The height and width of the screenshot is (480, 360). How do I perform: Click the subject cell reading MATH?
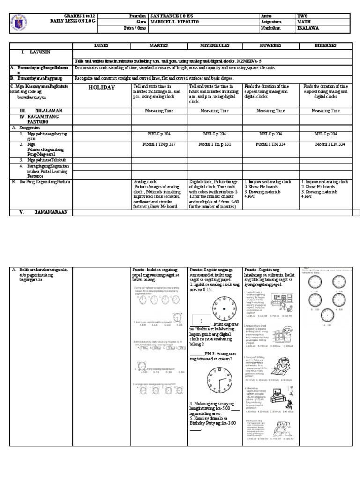tap(303, 21)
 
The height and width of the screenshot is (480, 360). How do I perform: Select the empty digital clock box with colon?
tap(201, 320)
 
